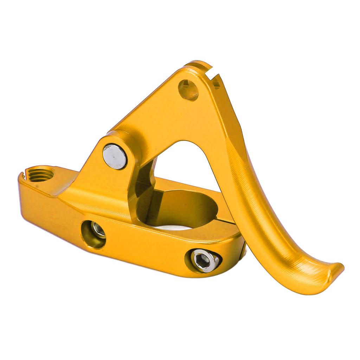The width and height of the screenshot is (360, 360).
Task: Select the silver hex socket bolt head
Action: [205, 260]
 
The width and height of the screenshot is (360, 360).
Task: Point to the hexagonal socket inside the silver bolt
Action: [203, 259]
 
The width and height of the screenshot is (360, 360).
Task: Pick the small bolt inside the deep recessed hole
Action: [98, 230]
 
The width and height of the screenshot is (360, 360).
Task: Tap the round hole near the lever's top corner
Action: [188, 90]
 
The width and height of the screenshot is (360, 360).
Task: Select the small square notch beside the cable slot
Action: [217, 85]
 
